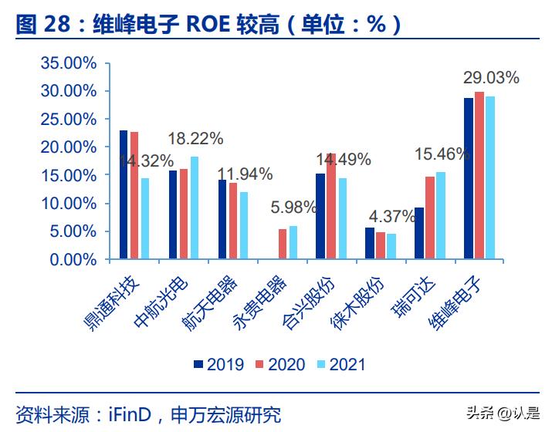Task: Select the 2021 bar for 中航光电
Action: point(193,208)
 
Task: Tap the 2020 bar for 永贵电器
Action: point(283,244)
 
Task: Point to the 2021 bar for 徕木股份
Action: point(391,246)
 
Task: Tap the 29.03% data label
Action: point(491,77)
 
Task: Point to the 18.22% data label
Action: point(195,139)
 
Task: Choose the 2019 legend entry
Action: point(218,364)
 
